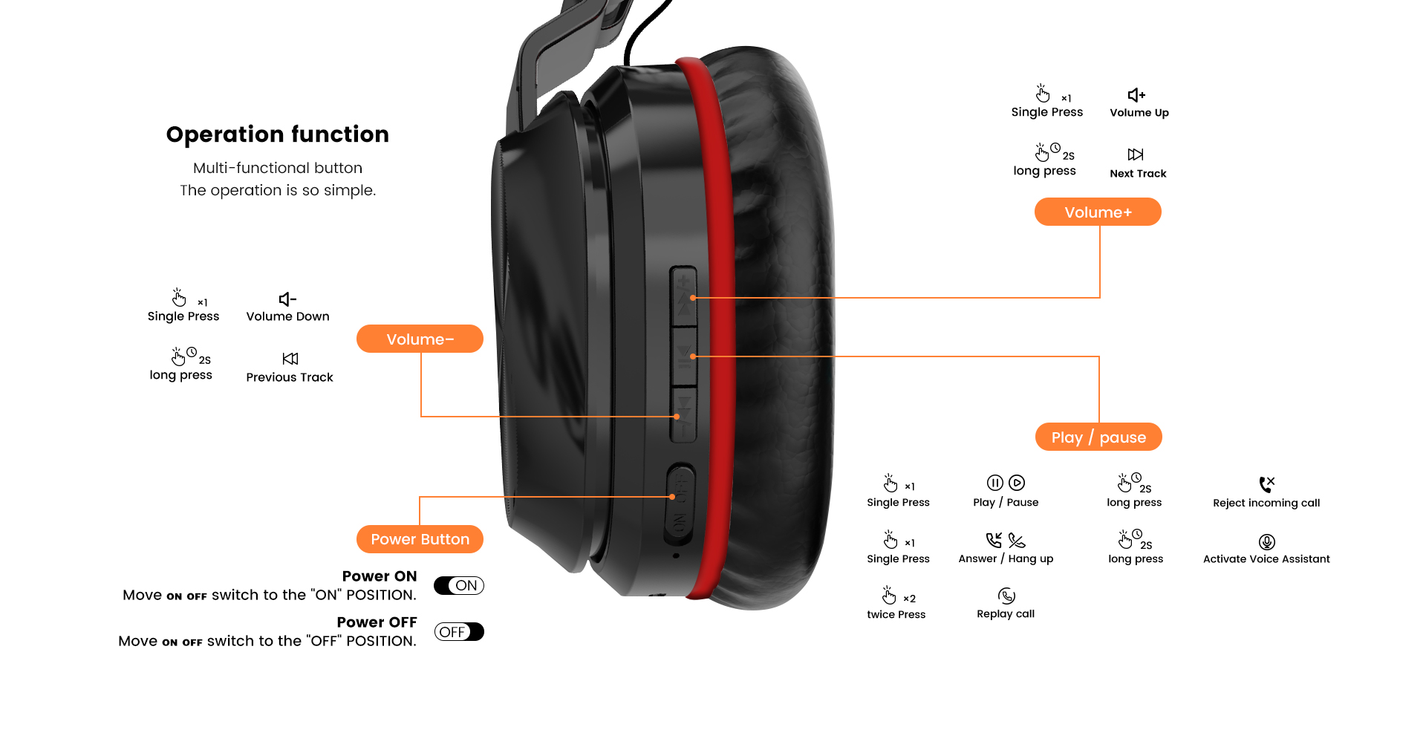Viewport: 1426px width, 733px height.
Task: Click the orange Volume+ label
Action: [1098, 212]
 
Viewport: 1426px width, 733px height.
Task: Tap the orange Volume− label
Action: [420, 339]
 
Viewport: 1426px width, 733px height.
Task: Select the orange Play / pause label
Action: [1098, 437]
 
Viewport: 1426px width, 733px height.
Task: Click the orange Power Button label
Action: [420, 539]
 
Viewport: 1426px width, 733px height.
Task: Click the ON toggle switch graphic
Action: [459, 585]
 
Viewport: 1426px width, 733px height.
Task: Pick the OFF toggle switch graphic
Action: [459, 631]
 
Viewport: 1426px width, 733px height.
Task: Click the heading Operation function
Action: [278, 134]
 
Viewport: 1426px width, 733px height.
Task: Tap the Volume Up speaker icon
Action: [1136, 95]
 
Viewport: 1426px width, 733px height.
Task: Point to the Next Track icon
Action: [1136, 154]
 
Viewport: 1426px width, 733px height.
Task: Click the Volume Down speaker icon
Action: [287, 299]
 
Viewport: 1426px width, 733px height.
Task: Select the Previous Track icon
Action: [290, 359]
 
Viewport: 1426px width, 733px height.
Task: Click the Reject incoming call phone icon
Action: [1267, 484]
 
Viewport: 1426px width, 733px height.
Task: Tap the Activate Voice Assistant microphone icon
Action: [1267, 542]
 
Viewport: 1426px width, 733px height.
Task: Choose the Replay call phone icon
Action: [1006, 596]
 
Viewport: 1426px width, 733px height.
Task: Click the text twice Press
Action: [896, 614]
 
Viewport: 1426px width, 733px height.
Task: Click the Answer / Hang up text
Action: [1006, 558]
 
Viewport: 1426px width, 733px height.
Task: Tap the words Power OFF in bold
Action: [377, 622]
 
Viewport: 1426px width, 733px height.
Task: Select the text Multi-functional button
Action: [278, 168]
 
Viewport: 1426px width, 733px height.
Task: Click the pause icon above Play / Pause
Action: [995, 483]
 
